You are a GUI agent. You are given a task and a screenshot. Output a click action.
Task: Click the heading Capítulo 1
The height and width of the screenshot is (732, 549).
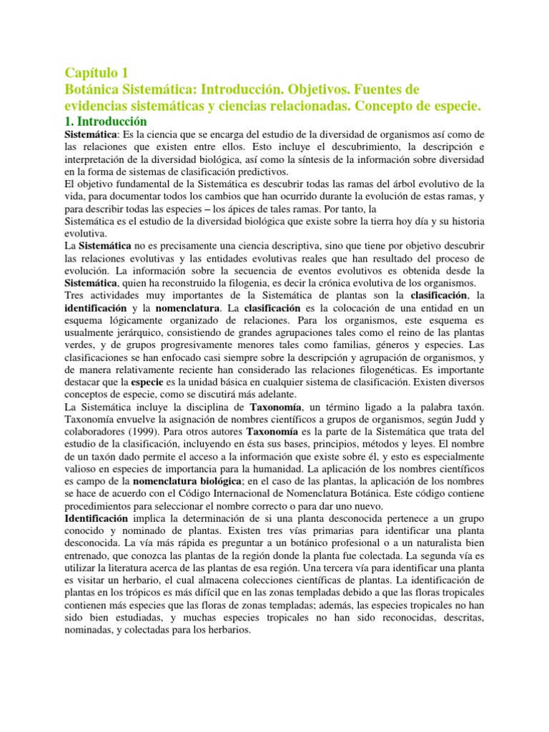[97, 72]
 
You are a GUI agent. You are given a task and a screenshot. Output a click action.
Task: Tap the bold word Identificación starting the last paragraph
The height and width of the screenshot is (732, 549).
[97, 518]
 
